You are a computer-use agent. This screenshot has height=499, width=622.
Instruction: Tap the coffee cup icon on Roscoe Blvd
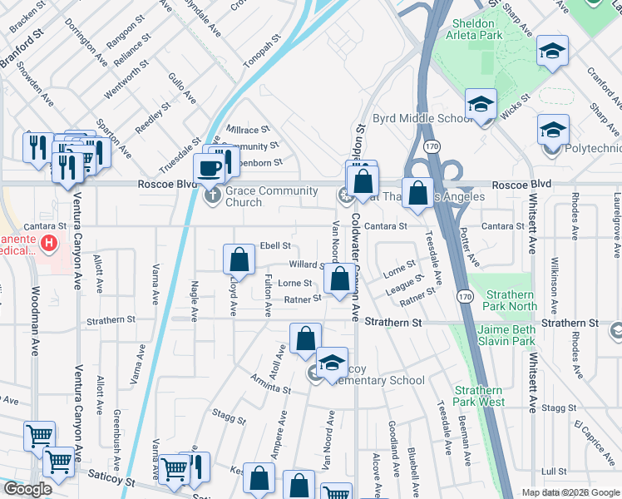pyautogui.click(x=209, y=168)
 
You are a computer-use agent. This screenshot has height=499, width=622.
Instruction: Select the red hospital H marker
pyautogui.click(x=49, y=243)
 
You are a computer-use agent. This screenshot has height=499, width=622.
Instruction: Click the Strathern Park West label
pyautogui.click(x=479, y=396)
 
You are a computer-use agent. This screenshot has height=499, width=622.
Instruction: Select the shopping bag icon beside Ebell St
pyautogui.click(x=239, y=260)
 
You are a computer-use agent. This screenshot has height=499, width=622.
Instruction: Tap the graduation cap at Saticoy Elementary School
pyautogui.click(x=331, y=363)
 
